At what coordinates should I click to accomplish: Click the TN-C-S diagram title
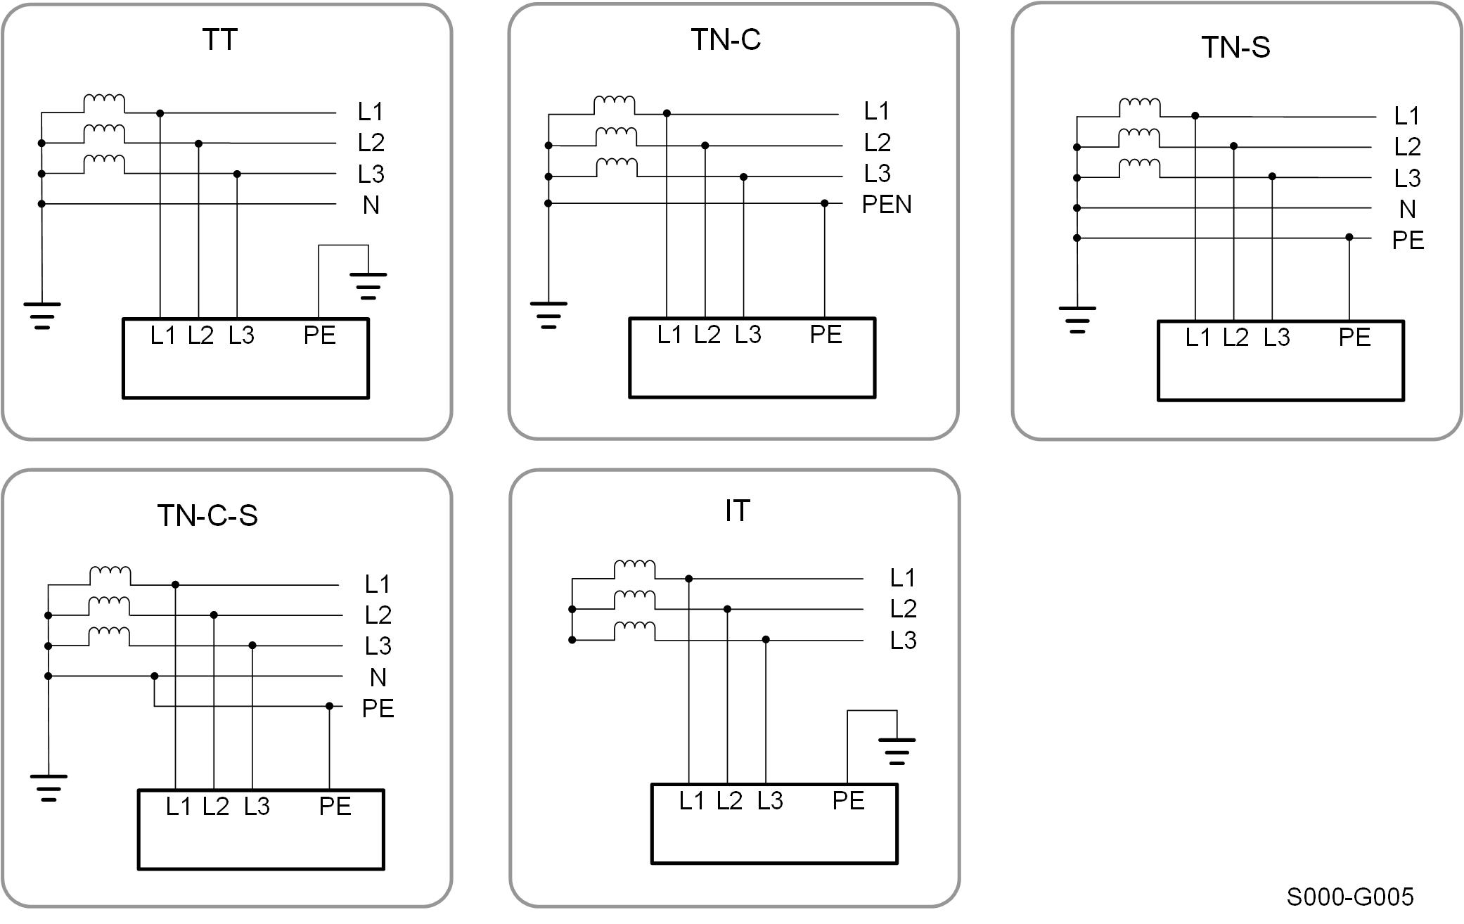tap(207, 515)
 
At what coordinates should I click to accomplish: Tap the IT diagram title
tap(737, 511)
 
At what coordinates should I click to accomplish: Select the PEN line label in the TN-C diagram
tap(886, 205)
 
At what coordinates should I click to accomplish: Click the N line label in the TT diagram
tap(371, 205)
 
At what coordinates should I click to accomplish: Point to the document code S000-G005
tap(1349, 897)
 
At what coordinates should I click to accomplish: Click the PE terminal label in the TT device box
tap(319, 335)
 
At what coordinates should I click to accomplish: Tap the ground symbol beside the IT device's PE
tap(897, 751)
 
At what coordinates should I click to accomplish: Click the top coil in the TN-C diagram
tap(615, 104)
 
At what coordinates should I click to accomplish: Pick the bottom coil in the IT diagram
tap(635, 630)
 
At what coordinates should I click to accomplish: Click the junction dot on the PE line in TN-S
tap(1349, 238)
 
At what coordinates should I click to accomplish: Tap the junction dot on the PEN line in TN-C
tap(825, 203)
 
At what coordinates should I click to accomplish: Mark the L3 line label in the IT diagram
tap(903, 641)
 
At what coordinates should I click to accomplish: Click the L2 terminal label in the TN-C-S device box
tap(216, 806)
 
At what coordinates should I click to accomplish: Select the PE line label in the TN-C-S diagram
tap(378, 708)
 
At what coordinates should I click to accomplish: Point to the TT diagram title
tap(219, 39)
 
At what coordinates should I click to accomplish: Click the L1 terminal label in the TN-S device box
tap(1197, 338)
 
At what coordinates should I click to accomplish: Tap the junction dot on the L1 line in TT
tap(160, 113)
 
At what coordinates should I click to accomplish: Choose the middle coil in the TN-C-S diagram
tap(110, 605)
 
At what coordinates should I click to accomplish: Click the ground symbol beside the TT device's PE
tap(368, 285)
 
